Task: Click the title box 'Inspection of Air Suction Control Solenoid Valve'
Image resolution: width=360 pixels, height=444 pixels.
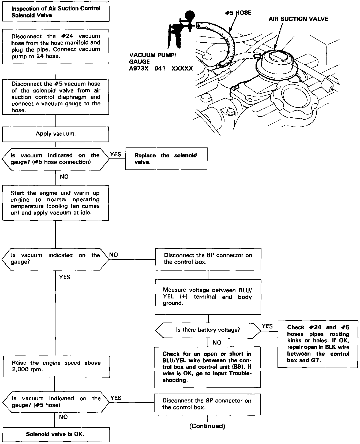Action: pyautogui.click(x=56, y=12)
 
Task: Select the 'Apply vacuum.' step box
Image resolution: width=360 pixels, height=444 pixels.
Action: pyautogui.click(x=56, y=134)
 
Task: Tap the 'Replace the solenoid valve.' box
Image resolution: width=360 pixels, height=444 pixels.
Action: pyautogui.click(x=166, y=159)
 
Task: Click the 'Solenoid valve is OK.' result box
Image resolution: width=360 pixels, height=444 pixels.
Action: pyautogui.click(x=56, y=434)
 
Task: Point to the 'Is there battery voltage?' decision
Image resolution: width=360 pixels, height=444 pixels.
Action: pyautogui.click(x=208, y=330)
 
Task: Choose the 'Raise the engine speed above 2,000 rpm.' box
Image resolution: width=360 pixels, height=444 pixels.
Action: pyautogui.click(x=56, y=367)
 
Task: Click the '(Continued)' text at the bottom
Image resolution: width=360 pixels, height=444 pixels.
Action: pyautogui.click(x=207, y=426)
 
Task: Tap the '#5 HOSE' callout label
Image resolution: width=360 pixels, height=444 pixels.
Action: pyautogui.click(x=238, y=13)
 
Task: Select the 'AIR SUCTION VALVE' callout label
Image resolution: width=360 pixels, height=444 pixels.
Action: pyautogui.click(x=298, y=19)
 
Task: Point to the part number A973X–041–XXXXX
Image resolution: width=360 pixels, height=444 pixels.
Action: pyautogui.click(x=161, y=68)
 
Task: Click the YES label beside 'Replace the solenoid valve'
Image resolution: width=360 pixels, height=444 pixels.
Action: pyautogui.click(x=116, y=154)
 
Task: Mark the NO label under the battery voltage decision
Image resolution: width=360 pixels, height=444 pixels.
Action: pyautogui.click(x=217, y=342)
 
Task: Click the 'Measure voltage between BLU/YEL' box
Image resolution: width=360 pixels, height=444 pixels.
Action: pyautogui.click(x=208, y=297)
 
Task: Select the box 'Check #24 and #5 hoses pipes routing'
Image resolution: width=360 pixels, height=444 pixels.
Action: pyautogui.click(x=318, y=344)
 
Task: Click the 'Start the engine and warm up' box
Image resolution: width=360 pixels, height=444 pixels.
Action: pyautogui.click(x=55, y=203)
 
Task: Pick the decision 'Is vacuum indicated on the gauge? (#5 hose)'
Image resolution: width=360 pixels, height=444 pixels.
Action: pyautogui.click(x=56, y=402)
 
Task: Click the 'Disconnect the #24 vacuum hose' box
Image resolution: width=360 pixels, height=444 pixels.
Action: pyautogui.click(x=56, y=46)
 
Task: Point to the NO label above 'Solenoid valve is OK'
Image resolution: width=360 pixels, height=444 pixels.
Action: pyautogui.click(x=63, y=417)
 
